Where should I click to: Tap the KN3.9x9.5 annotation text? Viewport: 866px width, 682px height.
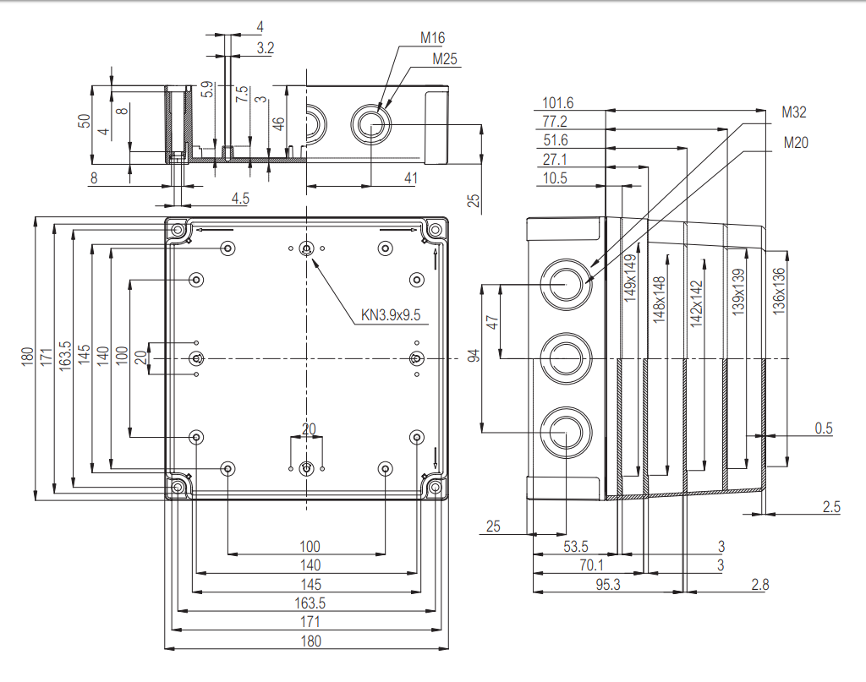390,316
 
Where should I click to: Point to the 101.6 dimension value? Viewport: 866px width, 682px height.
558,103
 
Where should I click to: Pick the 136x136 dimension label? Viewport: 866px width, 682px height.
779,292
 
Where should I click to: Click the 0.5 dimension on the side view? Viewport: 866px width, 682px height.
823,428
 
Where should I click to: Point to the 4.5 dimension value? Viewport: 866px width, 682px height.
240,199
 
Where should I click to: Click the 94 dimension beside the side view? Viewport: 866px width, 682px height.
474,356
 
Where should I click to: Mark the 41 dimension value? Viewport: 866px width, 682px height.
410,177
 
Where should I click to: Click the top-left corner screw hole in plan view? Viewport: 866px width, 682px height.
177,230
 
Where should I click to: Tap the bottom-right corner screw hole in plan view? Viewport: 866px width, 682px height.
435,488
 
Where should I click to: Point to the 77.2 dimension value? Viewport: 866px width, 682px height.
555,122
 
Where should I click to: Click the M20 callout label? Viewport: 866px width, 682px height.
796,142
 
